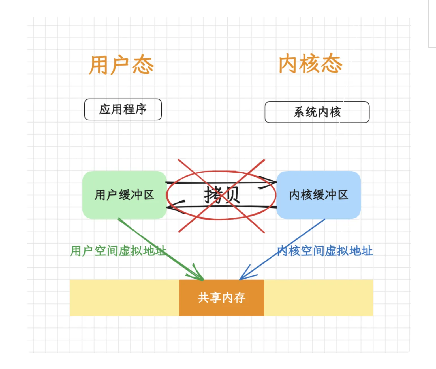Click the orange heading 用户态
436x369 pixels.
click(121, 65)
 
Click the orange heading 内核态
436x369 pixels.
click(311, 64)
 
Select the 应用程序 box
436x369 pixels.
click(123, 109)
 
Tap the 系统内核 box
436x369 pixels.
click(317, 112)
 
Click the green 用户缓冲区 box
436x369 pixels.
click(124, 195)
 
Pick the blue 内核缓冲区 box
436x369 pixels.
click(319, 195)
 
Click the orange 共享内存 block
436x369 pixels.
click(221, 298)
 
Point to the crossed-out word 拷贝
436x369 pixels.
click(221, 195)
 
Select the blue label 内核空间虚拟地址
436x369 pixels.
click(325, 251)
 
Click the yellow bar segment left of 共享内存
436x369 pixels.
click(124, 298)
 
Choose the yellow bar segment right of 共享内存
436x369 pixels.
click(318, 298)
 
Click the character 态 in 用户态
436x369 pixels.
click(143, 65)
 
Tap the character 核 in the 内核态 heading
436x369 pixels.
click(310, 64)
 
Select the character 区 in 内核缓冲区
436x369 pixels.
click(343, 195)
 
